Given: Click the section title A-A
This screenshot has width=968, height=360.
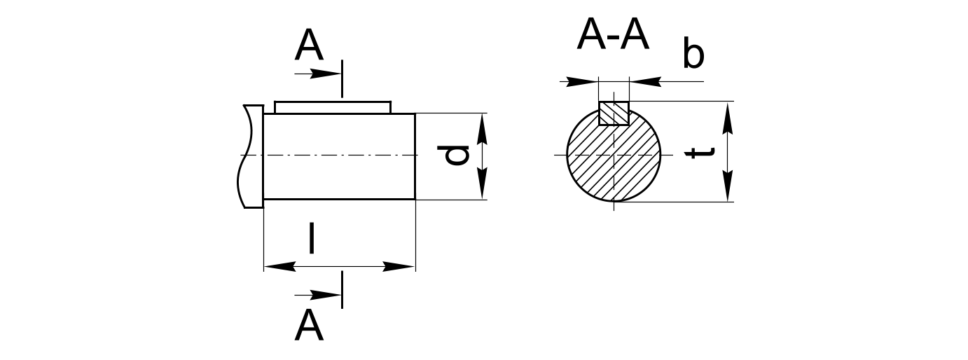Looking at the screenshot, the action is pos(613,35).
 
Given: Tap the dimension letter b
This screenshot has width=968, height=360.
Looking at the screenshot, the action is pos(693,53).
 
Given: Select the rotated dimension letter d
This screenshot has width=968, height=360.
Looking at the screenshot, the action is pos(453,155).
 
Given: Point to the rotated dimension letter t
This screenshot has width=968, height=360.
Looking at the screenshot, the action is pos(700,153).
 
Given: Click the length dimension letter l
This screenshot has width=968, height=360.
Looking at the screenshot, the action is pos(312,237).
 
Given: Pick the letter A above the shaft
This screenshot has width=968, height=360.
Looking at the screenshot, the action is pos(309,46).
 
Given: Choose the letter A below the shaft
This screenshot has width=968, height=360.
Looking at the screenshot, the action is pos(309,325).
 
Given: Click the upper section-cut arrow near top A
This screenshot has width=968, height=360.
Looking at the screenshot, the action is pos(318,74).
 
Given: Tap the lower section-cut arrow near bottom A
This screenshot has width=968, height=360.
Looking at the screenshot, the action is pos(318,296).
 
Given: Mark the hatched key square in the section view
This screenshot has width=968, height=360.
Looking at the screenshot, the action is pos(614,113).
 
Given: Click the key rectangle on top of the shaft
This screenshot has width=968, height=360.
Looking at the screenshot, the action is pos(333,108).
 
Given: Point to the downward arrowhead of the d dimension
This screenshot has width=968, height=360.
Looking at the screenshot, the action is pos(483,184).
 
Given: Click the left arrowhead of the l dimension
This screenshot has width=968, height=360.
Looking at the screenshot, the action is pos(279,266).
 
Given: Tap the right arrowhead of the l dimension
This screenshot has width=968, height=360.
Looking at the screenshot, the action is pos(399,266).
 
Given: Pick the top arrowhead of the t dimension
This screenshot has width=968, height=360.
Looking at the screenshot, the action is pos(728,118).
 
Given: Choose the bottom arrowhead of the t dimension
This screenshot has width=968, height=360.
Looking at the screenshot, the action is pos(728,186).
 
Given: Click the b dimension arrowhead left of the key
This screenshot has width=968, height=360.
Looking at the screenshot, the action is pos(582,82).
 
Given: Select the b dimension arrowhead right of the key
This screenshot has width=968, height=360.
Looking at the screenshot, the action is pos(646,82).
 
